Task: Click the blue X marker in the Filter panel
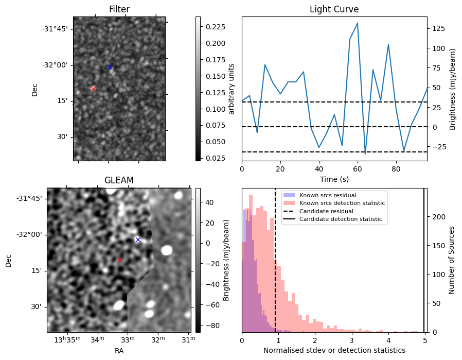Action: point(110,67)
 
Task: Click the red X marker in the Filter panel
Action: point(93,89)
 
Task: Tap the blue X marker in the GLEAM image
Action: point(137,239)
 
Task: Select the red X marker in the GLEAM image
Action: point(119,260)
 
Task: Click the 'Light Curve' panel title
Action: point(334,9)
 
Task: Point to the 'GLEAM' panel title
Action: point(119,180)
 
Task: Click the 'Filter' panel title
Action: point(119,9)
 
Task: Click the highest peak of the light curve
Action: point(357,23)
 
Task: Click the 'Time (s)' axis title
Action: point(334,178)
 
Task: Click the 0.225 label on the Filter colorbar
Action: point(212,26)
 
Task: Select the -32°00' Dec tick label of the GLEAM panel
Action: point(28,235)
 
